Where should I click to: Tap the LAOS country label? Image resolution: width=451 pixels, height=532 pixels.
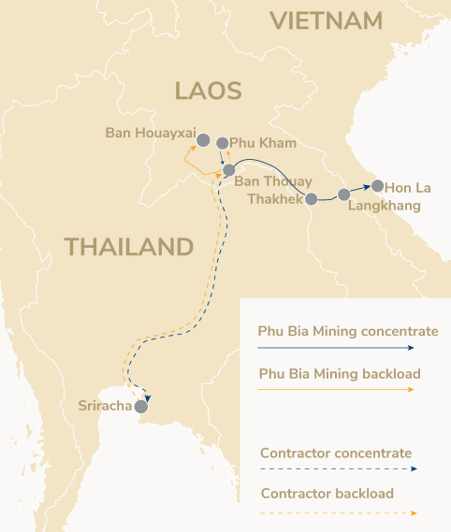208,91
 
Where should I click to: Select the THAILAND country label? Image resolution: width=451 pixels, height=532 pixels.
128,247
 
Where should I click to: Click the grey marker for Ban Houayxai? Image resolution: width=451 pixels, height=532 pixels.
203,139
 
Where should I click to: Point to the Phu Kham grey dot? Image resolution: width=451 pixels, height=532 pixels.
223,144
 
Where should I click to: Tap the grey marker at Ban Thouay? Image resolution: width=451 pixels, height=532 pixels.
228,169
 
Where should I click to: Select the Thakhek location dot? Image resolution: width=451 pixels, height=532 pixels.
313,198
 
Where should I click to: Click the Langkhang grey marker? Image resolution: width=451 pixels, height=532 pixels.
344,194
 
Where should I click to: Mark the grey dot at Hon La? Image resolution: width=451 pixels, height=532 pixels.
377,185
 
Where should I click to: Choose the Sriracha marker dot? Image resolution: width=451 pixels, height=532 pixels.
141,407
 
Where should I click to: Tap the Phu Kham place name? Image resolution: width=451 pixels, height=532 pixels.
263,143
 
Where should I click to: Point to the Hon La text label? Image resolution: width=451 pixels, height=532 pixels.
408,187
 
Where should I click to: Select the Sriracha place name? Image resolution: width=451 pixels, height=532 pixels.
104,407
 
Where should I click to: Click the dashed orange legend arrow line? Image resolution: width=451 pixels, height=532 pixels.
337,512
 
